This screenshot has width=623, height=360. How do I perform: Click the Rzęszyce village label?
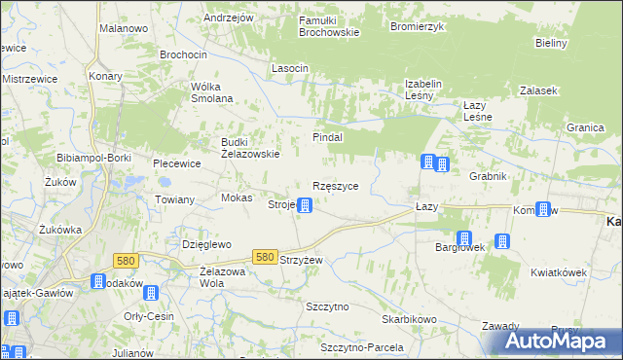point(335,186)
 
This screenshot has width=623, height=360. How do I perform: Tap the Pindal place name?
point(327,138)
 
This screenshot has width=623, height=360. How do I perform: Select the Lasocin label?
point(290,68)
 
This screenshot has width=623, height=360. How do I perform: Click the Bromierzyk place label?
point(416,26)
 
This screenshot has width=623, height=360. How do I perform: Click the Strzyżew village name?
point(300,261)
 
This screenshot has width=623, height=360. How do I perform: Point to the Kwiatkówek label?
point(559,273)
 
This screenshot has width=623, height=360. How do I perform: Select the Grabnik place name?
point(489,177)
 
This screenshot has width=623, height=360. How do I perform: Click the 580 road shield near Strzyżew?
point(265,257)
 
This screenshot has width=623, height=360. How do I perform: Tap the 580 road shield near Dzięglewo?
point(125,261)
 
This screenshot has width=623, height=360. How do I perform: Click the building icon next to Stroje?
point(305,205)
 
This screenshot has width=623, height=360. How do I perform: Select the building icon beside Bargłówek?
point(464,238)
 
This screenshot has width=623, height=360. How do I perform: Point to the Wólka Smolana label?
point(211,91)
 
